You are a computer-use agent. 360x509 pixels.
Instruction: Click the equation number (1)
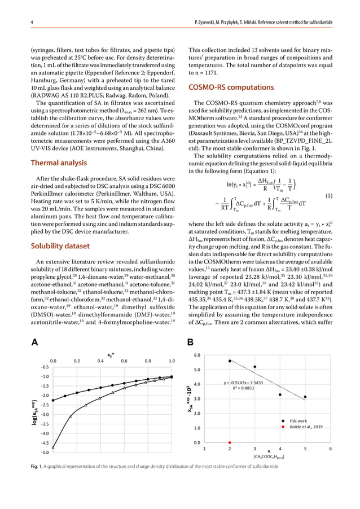(x=333, y=196)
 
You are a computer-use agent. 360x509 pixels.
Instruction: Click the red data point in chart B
(x=230, y=442)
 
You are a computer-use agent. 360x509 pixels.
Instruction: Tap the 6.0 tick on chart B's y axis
(x=196, y=356)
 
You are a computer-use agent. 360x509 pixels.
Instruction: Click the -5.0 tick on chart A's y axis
(x=44, y=452)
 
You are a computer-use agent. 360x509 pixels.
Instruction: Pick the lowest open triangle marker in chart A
(x=54, y=447)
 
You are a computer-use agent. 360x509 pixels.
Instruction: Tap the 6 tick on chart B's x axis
(x=330, y=450)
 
